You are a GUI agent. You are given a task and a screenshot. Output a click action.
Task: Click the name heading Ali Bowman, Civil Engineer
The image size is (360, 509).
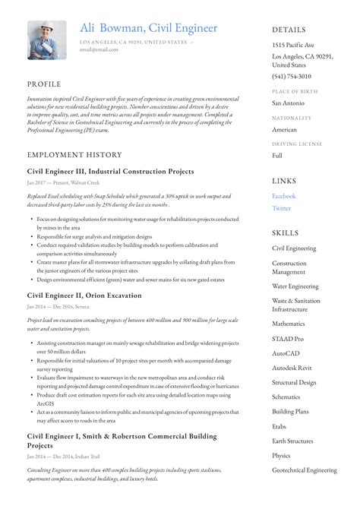click(x=148, y=28)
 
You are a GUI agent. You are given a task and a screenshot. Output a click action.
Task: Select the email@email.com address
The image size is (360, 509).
click(x=99, y=49)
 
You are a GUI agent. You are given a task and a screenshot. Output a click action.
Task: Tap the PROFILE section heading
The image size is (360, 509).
click(x=44, y=84)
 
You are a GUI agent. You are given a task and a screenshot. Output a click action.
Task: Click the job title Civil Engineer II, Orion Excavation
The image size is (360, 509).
click(x=84, y=295)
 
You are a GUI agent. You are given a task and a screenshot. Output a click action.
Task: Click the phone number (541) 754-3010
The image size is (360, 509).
click(x=292, y=77)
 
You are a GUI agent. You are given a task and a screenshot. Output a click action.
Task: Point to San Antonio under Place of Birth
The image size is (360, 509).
click(x=289, y=103)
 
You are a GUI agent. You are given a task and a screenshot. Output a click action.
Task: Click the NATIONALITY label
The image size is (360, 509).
click(x=292, y=118)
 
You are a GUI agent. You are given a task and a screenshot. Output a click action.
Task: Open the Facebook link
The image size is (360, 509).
click(x=284, y=196)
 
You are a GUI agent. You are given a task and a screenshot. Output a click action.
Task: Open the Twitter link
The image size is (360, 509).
click(x=281, y=208)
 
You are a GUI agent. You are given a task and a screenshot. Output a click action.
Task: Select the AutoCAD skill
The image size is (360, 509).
click(x=287, y=353)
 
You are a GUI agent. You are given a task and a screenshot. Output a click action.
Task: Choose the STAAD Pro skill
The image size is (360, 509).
click(x=288, y=339)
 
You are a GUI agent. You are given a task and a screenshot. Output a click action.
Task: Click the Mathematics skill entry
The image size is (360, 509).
click(x=289, y=324)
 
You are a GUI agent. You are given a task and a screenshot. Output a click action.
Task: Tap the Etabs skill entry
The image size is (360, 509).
click(x=280, y=426)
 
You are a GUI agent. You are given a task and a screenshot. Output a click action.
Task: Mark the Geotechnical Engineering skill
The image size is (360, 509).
click(x=305, y=470)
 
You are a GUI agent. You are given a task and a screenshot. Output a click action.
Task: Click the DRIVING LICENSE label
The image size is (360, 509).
click(x=297, y=143)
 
